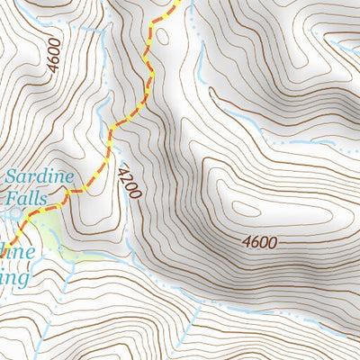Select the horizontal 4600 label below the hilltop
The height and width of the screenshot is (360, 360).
click(x=260, y=241)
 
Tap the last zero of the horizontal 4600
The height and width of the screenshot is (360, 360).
click(x=274, y=241)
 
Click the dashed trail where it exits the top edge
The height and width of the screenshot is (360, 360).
click(x=178, y=3)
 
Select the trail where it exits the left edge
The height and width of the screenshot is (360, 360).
click(x=3, y=227)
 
